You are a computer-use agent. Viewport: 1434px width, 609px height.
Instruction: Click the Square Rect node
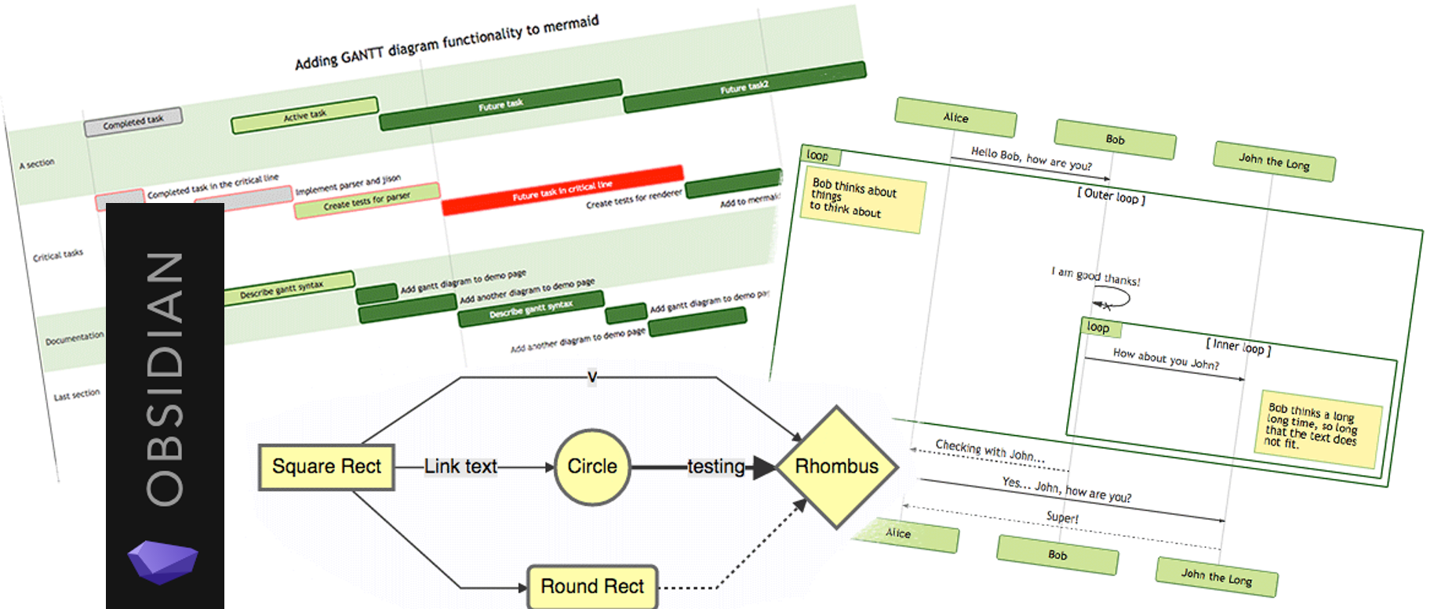click(326, 467)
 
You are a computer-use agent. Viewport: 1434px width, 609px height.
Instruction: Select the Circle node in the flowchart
click(592, 467)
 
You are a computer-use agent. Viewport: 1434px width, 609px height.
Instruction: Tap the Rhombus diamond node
click(837, 467)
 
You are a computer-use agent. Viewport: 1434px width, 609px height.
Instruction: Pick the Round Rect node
click(592, 586)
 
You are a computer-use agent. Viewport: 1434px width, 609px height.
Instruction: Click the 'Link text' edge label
click(460, 467)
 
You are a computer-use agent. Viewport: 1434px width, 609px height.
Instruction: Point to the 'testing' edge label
click(715, 467)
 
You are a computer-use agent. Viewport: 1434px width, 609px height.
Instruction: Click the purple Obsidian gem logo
click(163, 561)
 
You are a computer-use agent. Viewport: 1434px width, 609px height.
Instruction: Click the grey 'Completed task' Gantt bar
click(133, 121)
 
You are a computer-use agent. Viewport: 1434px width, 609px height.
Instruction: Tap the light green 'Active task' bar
click(304, 115)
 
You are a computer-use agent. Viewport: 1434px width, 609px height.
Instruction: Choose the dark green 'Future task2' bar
click(744, 88)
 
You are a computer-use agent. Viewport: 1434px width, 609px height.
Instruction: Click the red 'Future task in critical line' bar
click(562, 190)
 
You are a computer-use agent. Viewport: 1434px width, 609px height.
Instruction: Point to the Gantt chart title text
click(446, 42)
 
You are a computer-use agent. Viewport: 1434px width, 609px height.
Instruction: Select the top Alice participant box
click(955, 118)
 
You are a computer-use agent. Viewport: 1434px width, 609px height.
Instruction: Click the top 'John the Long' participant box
click(1274, 161)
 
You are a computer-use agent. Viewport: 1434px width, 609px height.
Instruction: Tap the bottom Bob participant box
click(1057, 555)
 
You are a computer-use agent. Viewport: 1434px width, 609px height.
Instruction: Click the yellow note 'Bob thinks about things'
click(864, 202)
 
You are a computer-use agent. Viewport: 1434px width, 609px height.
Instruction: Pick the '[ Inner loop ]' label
click(1238, 346)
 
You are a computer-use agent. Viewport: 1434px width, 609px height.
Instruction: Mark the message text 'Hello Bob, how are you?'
click(1031, 158)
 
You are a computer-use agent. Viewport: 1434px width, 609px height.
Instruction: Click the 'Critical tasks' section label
click(58, 255)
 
